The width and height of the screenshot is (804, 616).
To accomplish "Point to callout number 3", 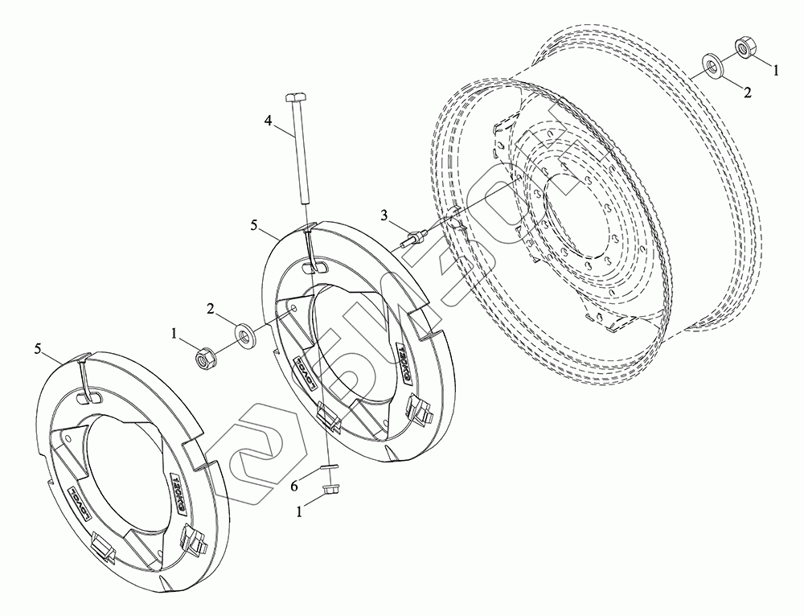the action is [384, 215].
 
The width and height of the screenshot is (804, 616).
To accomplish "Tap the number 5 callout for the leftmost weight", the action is [38, 347].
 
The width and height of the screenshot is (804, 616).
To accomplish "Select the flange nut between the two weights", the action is [204, 354].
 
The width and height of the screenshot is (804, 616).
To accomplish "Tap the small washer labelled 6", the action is [329, 466].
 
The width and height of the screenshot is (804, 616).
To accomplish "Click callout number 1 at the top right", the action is [775, 71].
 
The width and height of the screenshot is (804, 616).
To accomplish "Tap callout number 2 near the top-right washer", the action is [747, 92].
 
